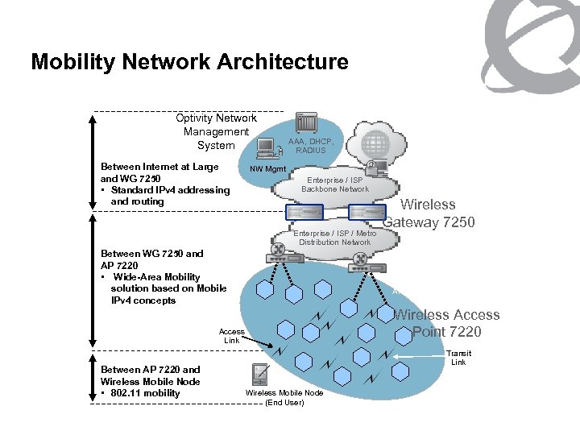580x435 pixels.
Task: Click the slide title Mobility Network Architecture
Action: pyautogui.click(x=189, y=62)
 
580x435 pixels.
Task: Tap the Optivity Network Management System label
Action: pyautogui.click(x=216, y=131)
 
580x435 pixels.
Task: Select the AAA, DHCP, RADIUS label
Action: pyautogui.click(x=310, y=145)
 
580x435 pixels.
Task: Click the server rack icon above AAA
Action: pyautogui.click(x=306, y=123)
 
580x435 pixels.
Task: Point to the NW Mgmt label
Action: pyautogui.click(x=263, y=168)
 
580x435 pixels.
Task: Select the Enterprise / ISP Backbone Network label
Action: pyautogui.click(x=335, y=184)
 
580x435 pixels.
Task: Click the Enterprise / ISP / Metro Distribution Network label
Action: pyautogui.click(x=334, y=238)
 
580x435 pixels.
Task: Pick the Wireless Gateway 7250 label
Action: pyautogui.click(x=430, y=213)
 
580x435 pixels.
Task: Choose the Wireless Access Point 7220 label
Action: pyautogui.click(x=446, y=323)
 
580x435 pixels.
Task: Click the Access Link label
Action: pyautogui.click(x=231, y=335)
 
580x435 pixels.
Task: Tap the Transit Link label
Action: pyautogui.click(x=458, y=358)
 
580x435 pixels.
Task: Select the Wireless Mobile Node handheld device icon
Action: pyautogui.click(x=259, y=375)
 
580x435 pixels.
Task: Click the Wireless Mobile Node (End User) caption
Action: pyautogui.click(x=284, y=397)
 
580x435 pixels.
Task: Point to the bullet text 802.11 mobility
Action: pyautogui.click(x=145, y=393)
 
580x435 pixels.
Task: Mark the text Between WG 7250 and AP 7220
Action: pyautogui.click(x=151, y=259)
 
